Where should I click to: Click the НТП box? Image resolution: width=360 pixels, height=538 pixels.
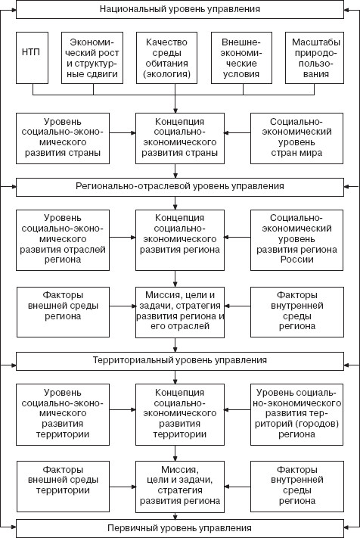click(x=33, y=58)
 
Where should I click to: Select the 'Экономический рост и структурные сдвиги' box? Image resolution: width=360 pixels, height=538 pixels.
click(x=92, y=58)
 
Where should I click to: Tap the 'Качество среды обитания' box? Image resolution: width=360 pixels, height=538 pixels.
click(x=166, y=58)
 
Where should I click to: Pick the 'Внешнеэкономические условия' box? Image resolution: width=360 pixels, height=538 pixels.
click(x=241, y=58)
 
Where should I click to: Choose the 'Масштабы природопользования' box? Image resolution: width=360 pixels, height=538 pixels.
click(x=315, y=58)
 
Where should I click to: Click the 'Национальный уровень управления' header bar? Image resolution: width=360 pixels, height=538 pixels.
click(x=180, y=9)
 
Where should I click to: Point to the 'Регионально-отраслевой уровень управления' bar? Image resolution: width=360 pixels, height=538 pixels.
click(x=180, y=187)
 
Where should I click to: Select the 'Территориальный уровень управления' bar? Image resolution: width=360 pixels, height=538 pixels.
click(x=180, y=361)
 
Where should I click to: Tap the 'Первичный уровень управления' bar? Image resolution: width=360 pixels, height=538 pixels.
click(x=180, y=528)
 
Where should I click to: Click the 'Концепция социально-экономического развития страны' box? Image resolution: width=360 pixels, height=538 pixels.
click(x=180, y=138)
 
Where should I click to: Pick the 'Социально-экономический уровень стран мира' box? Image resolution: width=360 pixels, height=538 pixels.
click(x=296, y=138)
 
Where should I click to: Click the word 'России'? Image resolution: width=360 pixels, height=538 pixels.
click(x=297, y=260)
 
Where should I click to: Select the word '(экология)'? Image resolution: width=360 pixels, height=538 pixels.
click(x=166, y=74)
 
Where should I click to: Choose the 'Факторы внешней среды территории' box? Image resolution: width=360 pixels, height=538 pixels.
click(x=63, y=487)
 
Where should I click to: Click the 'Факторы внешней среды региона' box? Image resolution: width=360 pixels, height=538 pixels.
click(x=63, y=312)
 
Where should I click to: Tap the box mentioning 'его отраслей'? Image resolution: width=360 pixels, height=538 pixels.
click(x=180, y=313)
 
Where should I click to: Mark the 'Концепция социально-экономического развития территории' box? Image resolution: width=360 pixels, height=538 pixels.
click(x=180, y=415)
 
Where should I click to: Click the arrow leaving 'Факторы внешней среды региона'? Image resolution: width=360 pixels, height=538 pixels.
click(x=123, y=306)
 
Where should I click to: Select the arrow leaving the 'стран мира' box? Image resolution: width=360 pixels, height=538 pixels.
click(x=237, y=132)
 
